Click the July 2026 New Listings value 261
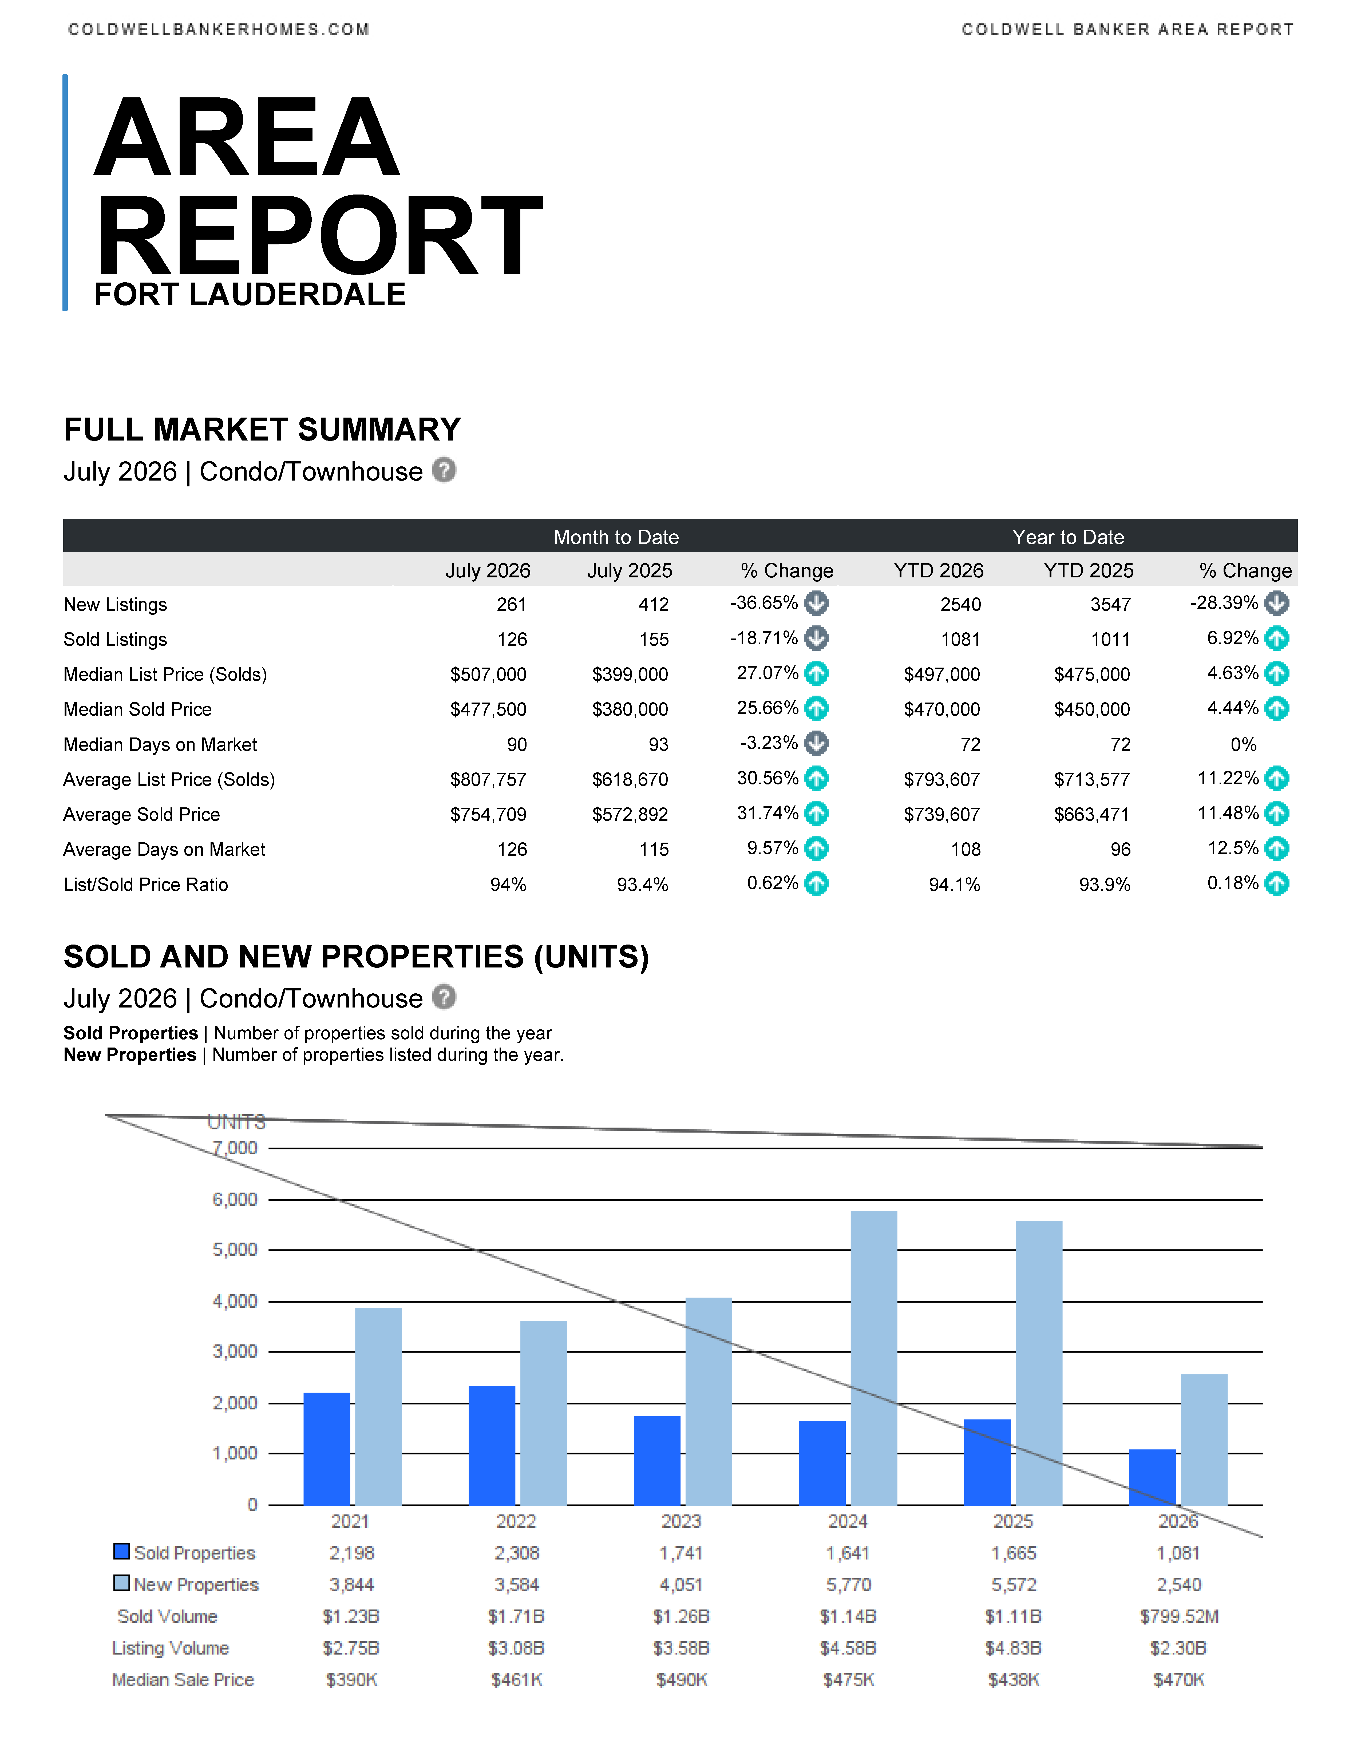[511, 605]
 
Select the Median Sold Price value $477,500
[488, 709]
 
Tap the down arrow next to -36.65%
[817, 603]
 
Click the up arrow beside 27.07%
[817, 673]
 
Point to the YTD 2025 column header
[1089, 571]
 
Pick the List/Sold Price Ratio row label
[146, 885]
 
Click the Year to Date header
[1068, 537]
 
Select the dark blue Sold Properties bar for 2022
[492, 1446]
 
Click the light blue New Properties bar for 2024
[874, 1358]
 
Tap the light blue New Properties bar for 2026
[1204, 1440]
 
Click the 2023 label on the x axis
[681, 1521]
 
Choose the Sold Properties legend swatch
[122, 1551]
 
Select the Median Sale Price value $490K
[681, 1680]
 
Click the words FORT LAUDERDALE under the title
[250, 295]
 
